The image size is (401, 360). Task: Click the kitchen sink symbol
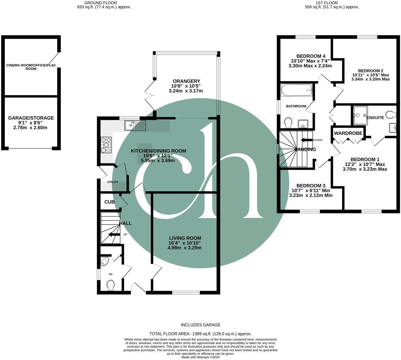coord(135,125)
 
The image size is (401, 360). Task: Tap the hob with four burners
coord(106,145)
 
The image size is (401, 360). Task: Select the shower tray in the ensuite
coord(360,115)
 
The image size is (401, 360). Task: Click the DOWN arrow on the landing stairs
coord(306,140)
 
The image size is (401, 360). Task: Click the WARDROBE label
coord(348,133)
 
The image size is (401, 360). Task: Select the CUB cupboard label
coord(109,202)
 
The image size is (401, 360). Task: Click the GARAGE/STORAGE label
coord(31,118)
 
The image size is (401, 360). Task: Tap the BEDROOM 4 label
coord(311,56)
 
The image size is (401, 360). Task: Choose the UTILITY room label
coord(112,182)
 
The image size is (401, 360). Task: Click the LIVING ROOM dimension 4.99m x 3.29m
coord(185,248)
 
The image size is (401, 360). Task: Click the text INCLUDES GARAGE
coord(200,325)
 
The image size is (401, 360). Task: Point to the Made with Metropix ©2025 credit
coord(200,357)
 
